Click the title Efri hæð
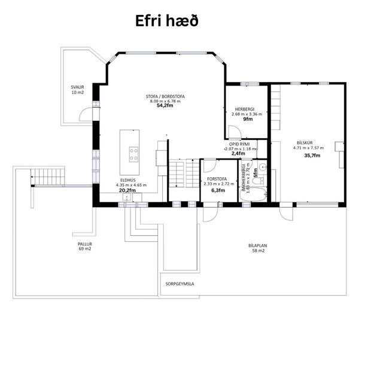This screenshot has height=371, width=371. tap(166, 20)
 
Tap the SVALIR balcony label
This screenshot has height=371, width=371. tap(77, 87)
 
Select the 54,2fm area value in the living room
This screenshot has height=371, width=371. tap(165, 106)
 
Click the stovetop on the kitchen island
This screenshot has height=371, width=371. tap(133, 154)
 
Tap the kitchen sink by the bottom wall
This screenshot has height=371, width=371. tap(127, 198)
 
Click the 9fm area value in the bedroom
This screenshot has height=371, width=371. tap(247, 119)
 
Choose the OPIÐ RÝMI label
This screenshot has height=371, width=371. tap(239, 144)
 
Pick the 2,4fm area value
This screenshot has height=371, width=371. tap(238, 154)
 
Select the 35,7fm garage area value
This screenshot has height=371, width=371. tap(312, 155)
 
